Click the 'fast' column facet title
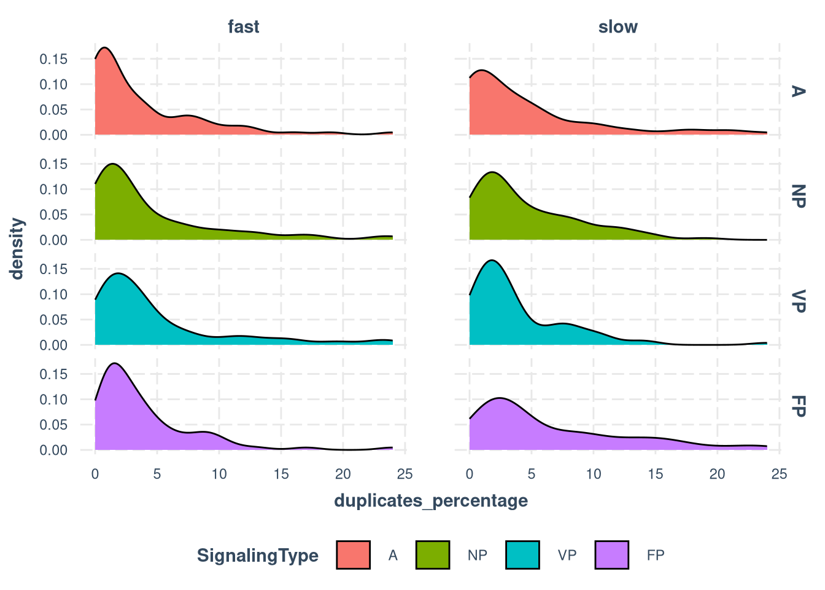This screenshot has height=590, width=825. [x=243, y=27]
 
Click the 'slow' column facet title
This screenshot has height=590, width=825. [x=618, y=27]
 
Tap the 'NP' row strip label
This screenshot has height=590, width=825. [x=797, y=196]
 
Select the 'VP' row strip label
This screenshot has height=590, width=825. [x=797, y=301]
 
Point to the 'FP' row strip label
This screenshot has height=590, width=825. [x=797, y=406]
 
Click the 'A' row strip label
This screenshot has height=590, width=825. [x=797, y=91]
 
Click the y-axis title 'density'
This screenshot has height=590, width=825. [x=17, y=248]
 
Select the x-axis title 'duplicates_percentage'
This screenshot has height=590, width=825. [x=431, y=501]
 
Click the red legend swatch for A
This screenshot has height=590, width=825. [x=354, y=555]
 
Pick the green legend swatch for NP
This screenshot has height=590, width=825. [x=433, y=555]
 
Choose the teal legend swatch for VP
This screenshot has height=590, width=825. [x=522, y=555]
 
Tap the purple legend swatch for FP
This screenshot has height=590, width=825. [x=612, y=555]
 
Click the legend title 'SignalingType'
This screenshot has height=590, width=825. [x=258, y=556]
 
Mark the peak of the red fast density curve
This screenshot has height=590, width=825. [x=105, y=47]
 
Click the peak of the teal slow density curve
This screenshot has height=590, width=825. [x=492, y=261]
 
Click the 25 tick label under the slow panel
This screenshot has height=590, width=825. [x=779, y=474]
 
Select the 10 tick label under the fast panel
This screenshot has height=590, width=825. [x=219, y=474]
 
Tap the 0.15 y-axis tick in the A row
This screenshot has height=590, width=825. [x=53, y=59]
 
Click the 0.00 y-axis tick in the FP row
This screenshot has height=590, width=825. [x=53, y=450]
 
